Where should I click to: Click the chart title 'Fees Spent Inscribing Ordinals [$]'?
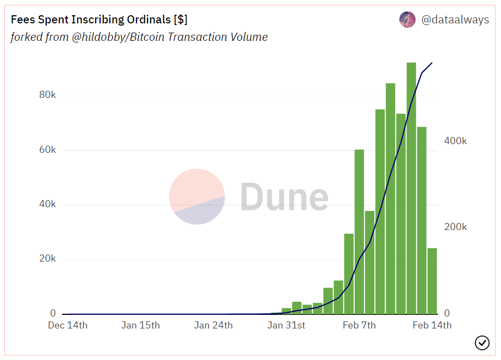tap(99, 20)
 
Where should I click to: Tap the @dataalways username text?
tap(455, 20)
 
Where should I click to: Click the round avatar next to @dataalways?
tap(407, 20)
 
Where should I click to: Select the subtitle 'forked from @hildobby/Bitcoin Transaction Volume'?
tap(139, 37)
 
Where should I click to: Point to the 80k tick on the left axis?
tap(47, 95)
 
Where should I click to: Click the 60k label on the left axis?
tap(47, 150)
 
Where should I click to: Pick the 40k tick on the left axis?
tap(47, 204)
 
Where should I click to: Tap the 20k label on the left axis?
tap(47, 259)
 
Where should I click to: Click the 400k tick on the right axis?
tap(455, 141)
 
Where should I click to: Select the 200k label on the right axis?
tap(455, 227)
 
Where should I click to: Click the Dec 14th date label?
tap(67, 325)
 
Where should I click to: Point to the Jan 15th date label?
tap(140, 325)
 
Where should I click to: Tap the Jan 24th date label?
tap(213, 325)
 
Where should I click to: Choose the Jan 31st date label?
tap(286, 325)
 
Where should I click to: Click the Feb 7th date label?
tap(359, 325)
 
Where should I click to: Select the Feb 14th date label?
tap(431, 325)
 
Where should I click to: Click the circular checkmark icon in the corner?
tap(482, 343)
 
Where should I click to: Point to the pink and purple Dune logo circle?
tap(197, 196)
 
